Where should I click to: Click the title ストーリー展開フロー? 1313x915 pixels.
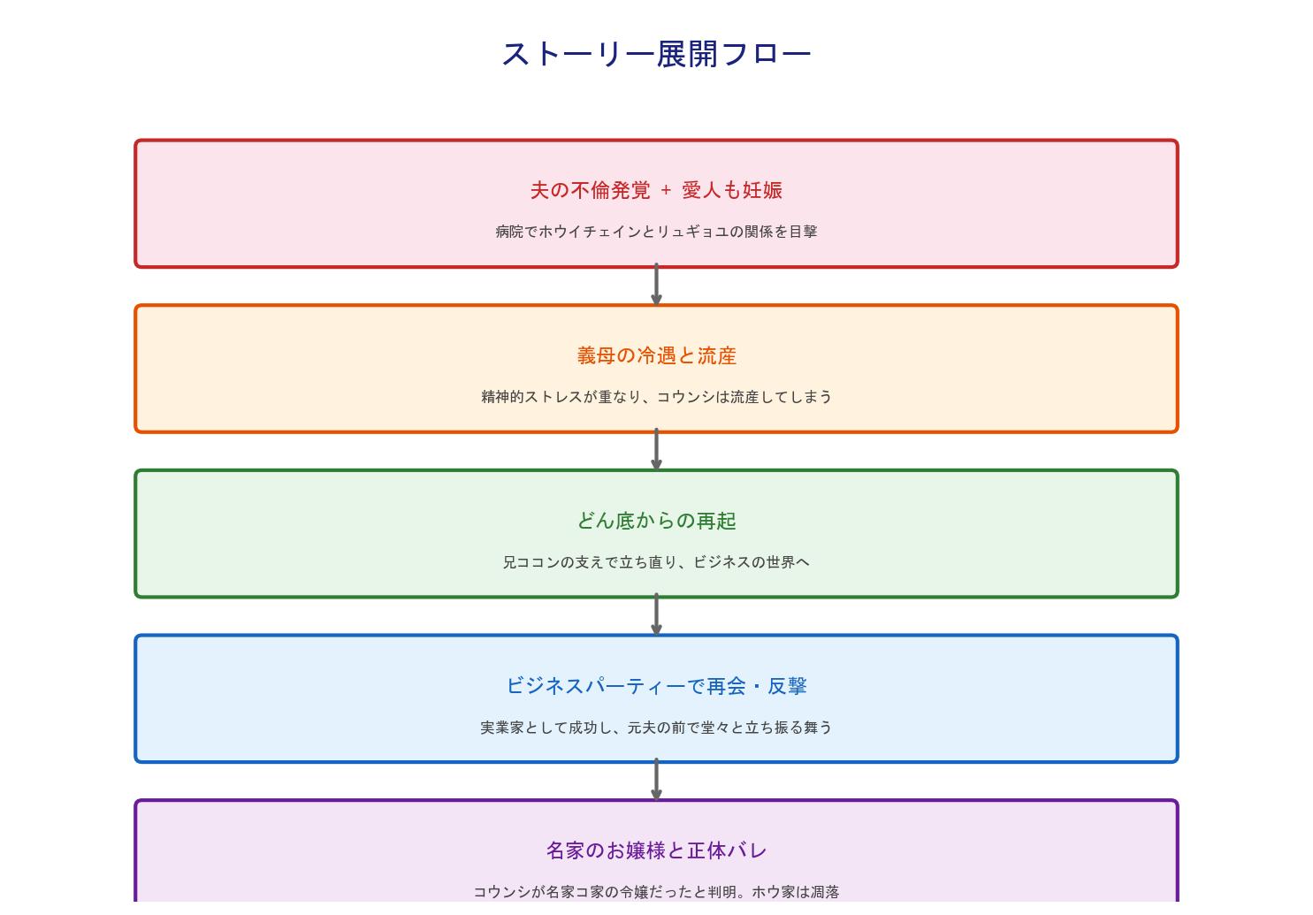click(x=656, y=55)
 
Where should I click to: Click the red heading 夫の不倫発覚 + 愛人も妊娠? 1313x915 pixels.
click(x=656, y=190)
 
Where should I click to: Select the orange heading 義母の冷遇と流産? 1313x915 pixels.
click(x=656, y=355)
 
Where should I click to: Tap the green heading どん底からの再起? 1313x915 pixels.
click(x=656, y=521)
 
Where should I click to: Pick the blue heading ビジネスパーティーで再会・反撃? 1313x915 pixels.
click(x=656, y=686)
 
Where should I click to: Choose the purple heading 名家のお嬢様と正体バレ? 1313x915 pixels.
click(x=656, y=850)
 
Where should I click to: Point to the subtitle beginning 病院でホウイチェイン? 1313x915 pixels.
click(x=656, y=232)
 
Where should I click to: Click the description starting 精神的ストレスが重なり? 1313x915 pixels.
click(x=656, y=397)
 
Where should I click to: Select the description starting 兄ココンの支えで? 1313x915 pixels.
click(x=656, y=562)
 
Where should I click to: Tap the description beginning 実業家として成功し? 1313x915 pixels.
click(x=656, y=728)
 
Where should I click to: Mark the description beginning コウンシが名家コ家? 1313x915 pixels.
click(x=656, y=892)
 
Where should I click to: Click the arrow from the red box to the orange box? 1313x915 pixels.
click(x=656, y=286)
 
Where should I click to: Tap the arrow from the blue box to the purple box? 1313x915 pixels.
click(x=656, y=781)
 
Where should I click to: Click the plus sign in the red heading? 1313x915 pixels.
click(x=666, y=191)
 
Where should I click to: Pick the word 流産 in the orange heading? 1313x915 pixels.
click(x=717, y=355)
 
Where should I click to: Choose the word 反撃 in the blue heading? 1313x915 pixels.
click(x=787, y=686)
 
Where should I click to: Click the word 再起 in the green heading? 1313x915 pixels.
click(x=716, y=521)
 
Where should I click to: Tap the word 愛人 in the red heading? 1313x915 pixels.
click(x=701, y=190)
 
